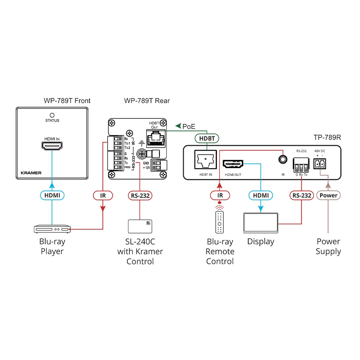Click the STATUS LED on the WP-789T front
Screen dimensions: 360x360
52,115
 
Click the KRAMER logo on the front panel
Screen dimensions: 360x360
31,173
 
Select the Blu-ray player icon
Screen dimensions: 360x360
52,229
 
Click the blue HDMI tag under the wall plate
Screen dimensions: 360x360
52,195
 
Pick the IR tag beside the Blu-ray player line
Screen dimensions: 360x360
103,196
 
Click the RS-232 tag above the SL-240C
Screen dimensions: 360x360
140,196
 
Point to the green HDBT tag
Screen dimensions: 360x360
207,139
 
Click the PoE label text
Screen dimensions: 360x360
188,126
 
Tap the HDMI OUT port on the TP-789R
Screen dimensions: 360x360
233,164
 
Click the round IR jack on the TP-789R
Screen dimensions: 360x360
283,159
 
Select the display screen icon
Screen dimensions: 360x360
261,223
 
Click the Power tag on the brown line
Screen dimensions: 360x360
328,196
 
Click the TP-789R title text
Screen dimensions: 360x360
327,138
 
